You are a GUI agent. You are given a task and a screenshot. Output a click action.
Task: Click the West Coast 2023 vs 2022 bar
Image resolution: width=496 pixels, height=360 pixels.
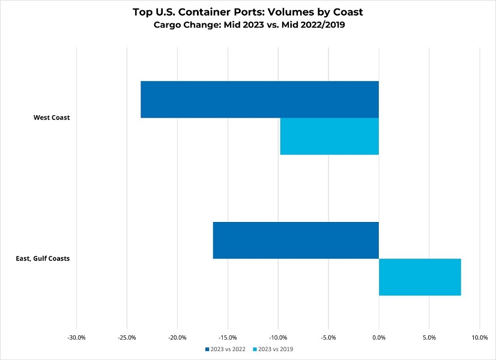click(259, 100)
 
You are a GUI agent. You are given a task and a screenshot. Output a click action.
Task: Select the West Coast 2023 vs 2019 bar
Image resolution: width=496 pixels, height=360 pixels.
click(329, 136)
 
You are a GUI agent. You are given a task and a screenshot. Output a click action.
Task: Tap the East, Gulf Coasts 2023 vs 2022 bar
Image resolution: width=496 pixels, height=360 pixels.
click(295, 241)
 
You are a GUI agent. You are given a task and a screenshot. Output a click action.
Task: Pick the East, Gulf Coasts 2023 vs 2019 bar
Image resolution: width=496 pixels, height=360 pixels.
click(420, 277)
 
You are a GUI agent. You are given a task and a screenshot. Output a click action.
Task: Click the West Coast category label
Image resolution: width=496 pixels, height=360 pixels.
click(52, 118)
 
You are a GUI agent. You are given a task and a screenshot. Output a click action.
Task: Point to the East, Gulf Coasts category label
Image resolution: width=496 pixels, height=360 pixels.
click(43, 259)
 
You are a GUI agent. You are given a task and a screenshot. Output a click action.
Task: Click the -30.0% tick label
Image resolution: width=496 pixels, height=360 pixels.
click(77, 337)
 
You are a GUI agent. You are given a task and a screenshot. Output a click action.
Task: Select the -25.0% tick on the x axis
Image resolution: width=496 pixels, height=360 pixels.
click(127, 337)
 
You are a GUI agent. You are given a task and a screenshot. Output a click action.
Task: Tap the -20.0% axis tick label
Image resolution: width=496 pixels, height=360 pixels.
click(178, 337)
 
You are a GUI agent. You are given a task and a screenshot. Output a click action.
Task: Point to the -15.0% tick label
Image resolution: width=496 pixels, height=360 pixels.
click(228, 337)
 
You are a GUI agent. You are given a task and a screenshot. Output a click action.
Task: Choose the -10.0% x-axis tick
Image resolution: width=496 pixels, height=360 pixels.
click(279, 337)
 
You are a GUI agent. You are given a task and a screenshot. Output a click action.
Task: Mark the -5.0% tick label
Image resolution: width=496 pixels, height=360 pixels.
click(329, 337)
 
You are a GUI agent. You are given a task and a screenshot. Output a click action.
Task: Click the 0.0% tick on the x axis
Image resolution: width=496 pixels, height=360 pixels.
click(379, 337)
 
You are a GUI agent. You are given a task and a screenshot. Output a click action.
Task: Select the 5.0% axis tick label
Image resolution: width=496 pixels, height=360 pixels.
click(429, 337)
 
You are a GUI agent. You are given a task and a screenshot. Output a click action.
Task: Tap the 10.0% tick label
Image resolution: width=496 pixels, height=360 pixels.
click(479, 337)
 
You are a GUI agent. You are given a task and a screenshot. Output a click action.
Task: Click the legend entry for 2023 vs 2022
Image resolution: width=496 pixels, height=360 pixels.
click(225, 349)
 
